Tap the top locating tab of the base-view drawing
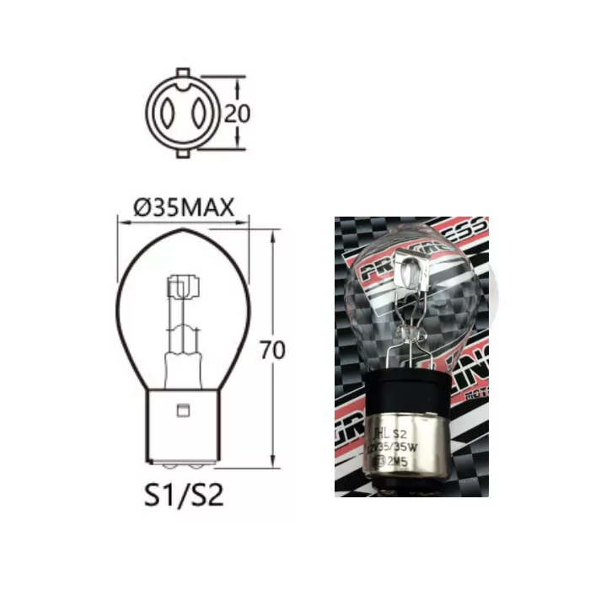[x=181, y=72]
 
